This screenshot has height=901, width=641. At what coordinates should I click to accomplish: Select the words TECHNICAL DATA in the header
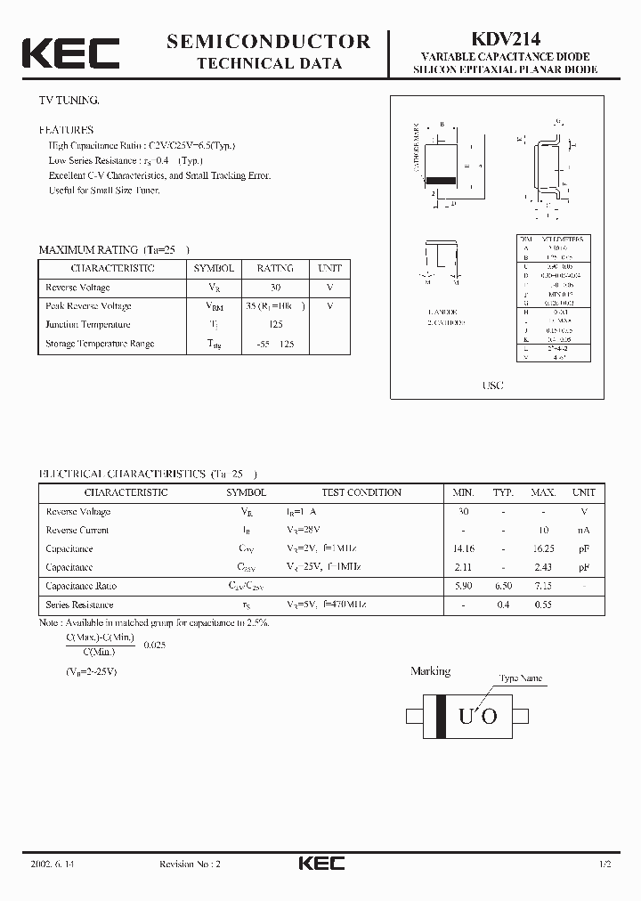(268, 63)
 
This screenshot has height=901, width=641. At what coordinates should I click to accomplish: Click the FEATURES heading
(65, 130)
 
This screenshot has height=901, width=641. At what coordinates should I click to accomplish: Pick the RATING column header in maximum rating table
(275, 268)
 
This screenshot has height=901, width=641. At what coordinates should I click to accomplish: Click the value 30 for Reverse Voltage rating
(275, 288)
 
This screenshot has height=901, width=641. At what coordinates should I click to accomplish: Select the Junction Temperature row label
(87, 325)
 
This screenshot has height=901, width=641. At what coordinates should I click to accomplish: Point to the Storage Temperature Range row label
(99, 344)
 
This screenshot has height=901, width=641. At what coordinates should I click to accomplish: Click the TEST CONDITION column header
(361, 492)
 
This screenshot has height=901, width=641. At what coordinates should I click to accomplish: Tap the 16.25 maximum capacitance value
(543, 549)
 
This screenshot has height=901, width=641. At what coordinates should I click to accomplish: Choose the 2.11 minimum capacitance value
(463, 567)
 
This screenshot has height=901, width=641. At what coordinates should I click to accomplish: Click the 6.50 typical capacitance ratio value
(504, 586)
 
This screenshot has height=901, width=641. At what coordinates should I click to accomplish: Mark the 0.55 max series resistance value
(543, 605)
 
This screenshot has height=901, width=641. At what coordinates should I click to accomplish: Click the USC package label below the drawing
(492, 386)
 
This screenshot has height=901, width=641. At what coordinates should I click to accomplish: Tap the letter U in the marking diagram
(465, 717)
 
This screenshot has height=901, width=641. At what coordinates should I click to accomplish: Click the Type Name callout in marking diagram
(520, 678)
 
